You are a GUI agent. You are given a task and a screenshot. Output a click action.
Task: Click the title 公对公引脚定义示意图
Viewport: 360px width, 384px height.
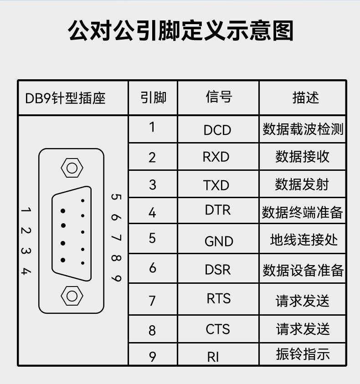pyautogui.click(x=180, y=31)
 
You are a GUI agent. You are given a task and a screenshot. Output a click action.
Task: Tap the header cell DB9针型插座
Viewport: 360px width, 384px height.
pyautogui.click(x=65, y=98)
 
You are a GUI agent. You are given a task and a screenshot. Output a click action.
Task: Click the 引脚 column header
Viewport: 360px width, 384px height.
pyautogui.click(x=153, y=97)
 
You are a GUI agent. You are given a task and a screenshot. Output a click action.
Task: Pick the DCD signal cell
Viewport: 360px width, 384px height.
pyautogui.click(x=217, y=130)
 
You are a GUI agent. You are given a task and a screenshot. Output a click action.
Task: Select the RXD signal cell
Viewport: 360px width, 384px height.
pyautogui.click(x=216, y=157)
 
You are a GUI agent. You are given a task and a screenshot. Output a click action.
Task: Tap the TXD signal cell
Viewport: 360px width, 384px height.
pyautogui.click(x=216, y=185)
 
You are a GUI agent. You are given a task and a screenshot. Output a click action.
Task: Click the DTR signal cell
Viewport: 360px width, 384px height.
pyautogui.click(x=218, y=210)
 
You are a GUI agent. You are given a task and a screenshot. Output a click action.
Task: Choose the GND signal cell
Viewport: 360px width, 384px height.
pyautogui.click(x=219, y=241)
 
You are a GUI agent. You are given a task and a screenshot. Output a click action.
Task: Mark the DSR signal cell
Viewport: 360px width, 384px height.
pyautogui.click(x=217, y=269)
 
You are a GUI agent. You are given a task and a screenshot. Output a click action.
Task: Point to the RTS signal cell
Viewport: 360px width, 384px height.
pyautogui.click(x=219, y=298)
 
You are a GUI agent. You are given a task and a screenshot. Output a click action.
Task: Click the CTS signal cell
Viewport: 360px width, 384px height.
pyautogui.click(x=218, y=329)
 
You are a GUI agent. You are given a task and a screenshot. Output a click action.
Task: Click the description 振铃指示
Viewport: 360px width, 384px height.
pyautogui.click(x=303, y=354)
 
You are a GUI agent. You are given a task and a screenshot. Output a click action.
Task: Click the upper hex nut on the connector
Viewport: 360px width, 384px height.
pyautogui.click(x=72, y=168)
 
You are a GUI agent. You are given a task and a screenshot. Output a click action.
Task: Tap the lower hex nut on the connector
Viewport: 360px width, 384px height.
pyautogui.click(x=72, y=296)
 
